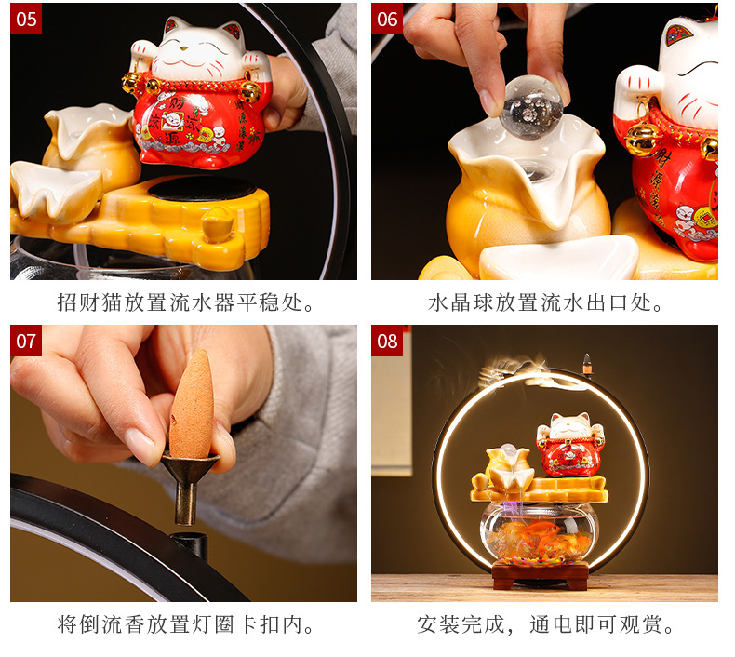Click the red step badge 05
[26, 19]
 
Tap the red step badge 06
[387, 19]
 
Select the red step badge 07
[26, 341]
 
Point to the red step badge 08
[387, 341]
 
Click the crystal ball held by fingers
[530, 109]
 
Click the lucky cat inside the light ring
[569, 446]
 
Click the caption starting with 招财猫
[185, 303]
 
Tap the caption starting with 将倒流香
[185, 624]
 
